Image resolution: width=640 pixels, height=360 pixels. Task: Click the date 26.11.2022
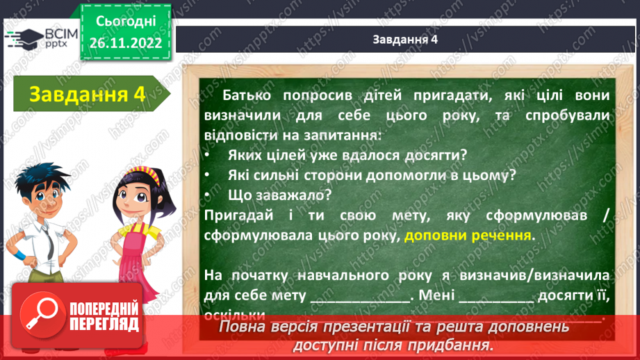point(125,42)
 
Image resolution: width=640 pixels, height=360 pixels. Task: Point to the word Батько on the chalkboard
point(248,95)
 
